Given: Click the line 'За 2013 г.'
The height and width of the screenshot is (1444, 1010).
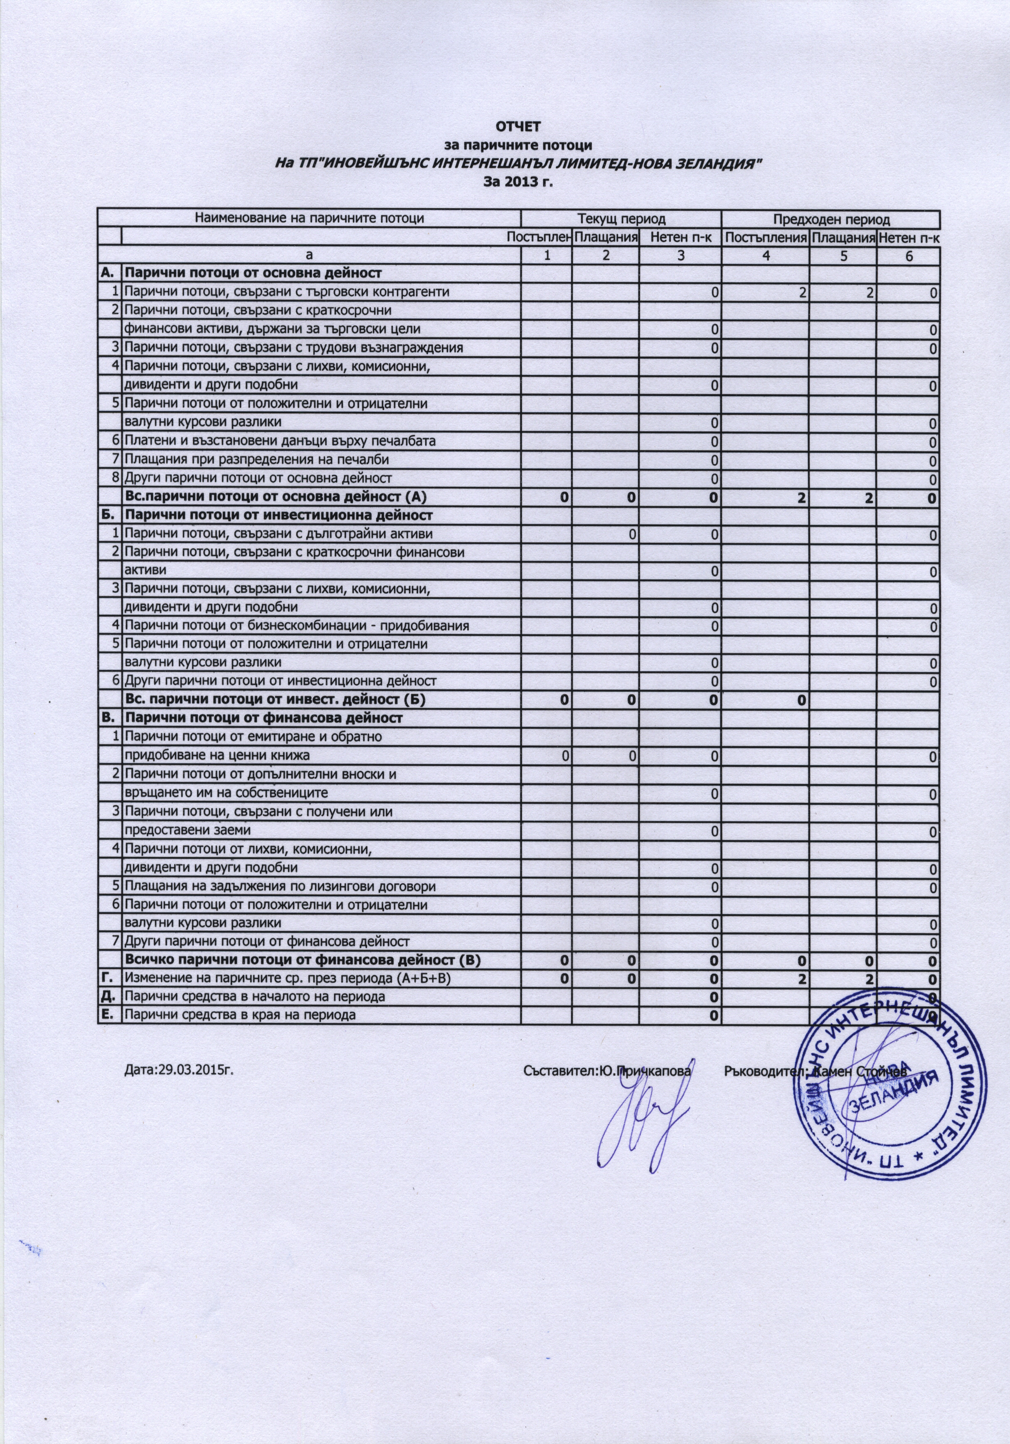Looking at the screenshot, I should [x=520, y=182].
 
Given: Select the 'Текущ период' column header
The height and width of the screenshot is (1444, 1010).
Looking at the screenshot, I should [x=621, y=219].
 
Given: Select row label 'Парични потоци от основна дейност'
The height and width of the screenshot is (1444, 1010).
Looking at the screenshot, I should [x=253, y=274].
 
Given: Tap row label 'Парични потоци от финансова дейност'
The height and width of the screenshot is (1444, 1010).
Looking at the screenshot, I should [x=264, y=717].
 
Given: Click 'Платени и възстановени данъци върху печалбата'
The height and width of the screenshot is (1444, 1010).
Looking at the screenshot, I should [x=280, y=441].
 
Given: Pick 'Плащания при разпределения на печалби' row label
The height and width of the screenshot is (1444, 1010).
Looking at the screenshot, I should [x=256, y=460].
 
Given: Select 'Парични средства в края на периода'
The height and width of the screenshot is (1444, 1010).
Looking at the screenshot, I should [x=239, y=1015].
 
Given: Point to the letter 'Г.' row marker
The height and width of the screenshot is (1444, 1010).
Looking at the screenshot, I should [x=109, y=978].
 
